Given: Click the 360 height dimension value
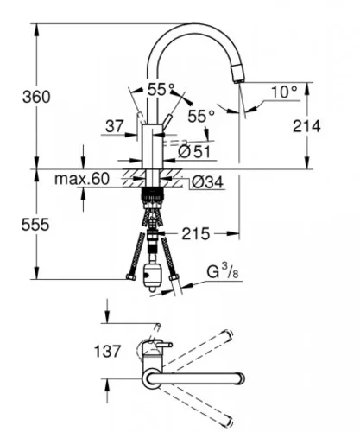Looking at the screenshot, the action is [36, 97].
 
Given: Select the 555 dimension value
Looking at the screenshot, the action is [35, 225].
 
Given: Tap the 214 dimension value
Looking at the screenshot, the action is [306, 126].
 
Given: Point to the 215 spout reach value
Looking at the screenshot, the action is [196, 234].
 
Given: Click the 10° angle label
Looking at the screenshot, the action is [284, 92].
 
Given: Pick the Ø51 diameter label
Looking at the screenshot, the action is [194, 152].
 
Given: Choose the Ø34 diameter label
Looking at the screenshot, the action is [207, 182].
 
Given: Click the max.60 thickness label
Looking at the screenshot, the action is [82, 179].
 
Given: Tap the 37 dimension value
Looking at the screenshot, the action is [115, 126].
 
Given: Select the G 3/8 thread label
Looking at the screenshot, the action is [223, 271].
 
